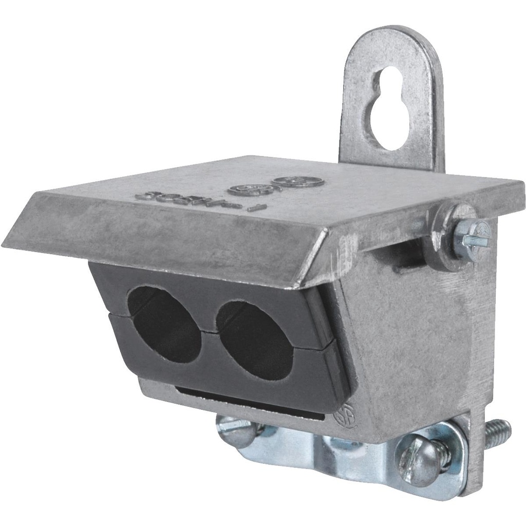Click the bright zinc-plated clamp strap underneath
pos(329,452)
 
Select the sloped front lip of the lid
pos(164,247)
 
